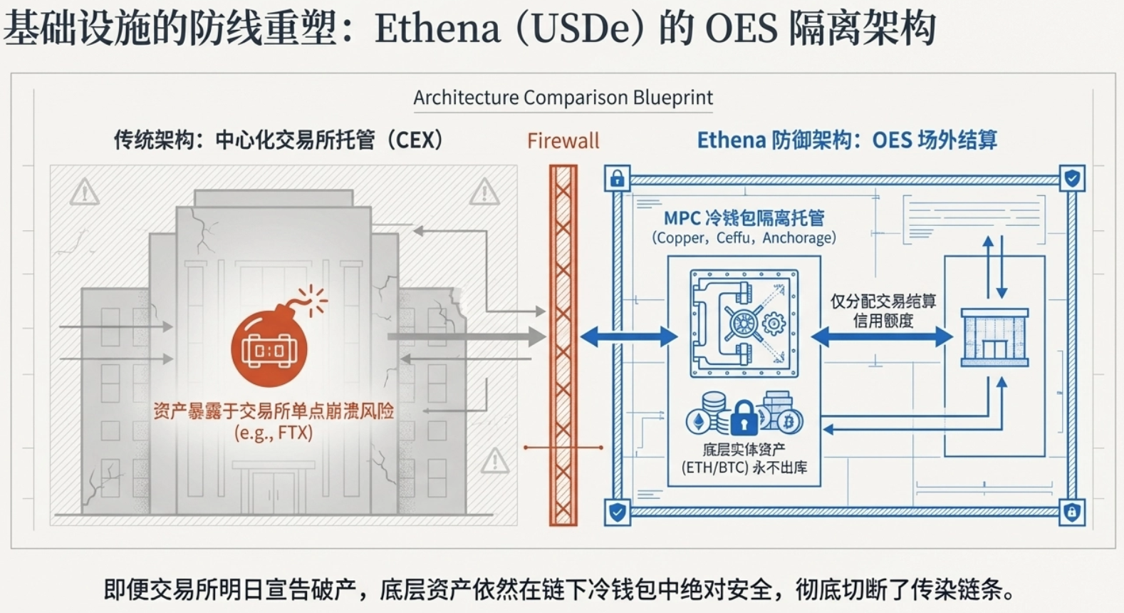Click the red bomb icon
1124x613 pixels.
pos(269,348)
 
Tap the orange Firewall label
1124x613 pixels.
pos(563,140)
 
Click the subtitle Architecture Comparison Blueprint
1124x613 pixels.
pos(563,98)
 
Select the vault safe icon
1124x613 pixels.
pos(744,323)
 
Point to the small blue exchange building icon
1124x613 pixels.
pos(994,337)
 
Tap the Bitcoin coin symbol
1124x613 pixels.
pos(789,422)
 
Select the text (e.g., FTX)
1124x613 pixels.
pos(274,433)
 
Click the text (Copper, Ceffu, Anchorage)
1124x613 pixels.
pos(744,238)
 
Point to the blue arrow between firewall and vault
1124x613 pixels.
pos(629,336)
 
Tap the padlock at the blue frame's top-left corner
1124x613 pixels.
pos(617,179)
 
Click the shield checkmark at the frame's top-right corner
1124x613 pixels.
pos(1072,178)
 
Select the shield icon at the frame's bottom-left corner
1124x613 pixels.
pos(617,511)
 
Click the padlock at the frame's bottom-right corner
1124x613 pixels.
pos(1072,511)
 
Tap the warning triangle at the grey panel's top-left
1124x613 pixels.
pos(85,192)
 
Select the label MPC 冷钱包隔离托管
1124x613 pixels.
pos(744,218)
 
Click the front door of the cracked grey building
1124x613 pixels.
pos(274,492)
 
